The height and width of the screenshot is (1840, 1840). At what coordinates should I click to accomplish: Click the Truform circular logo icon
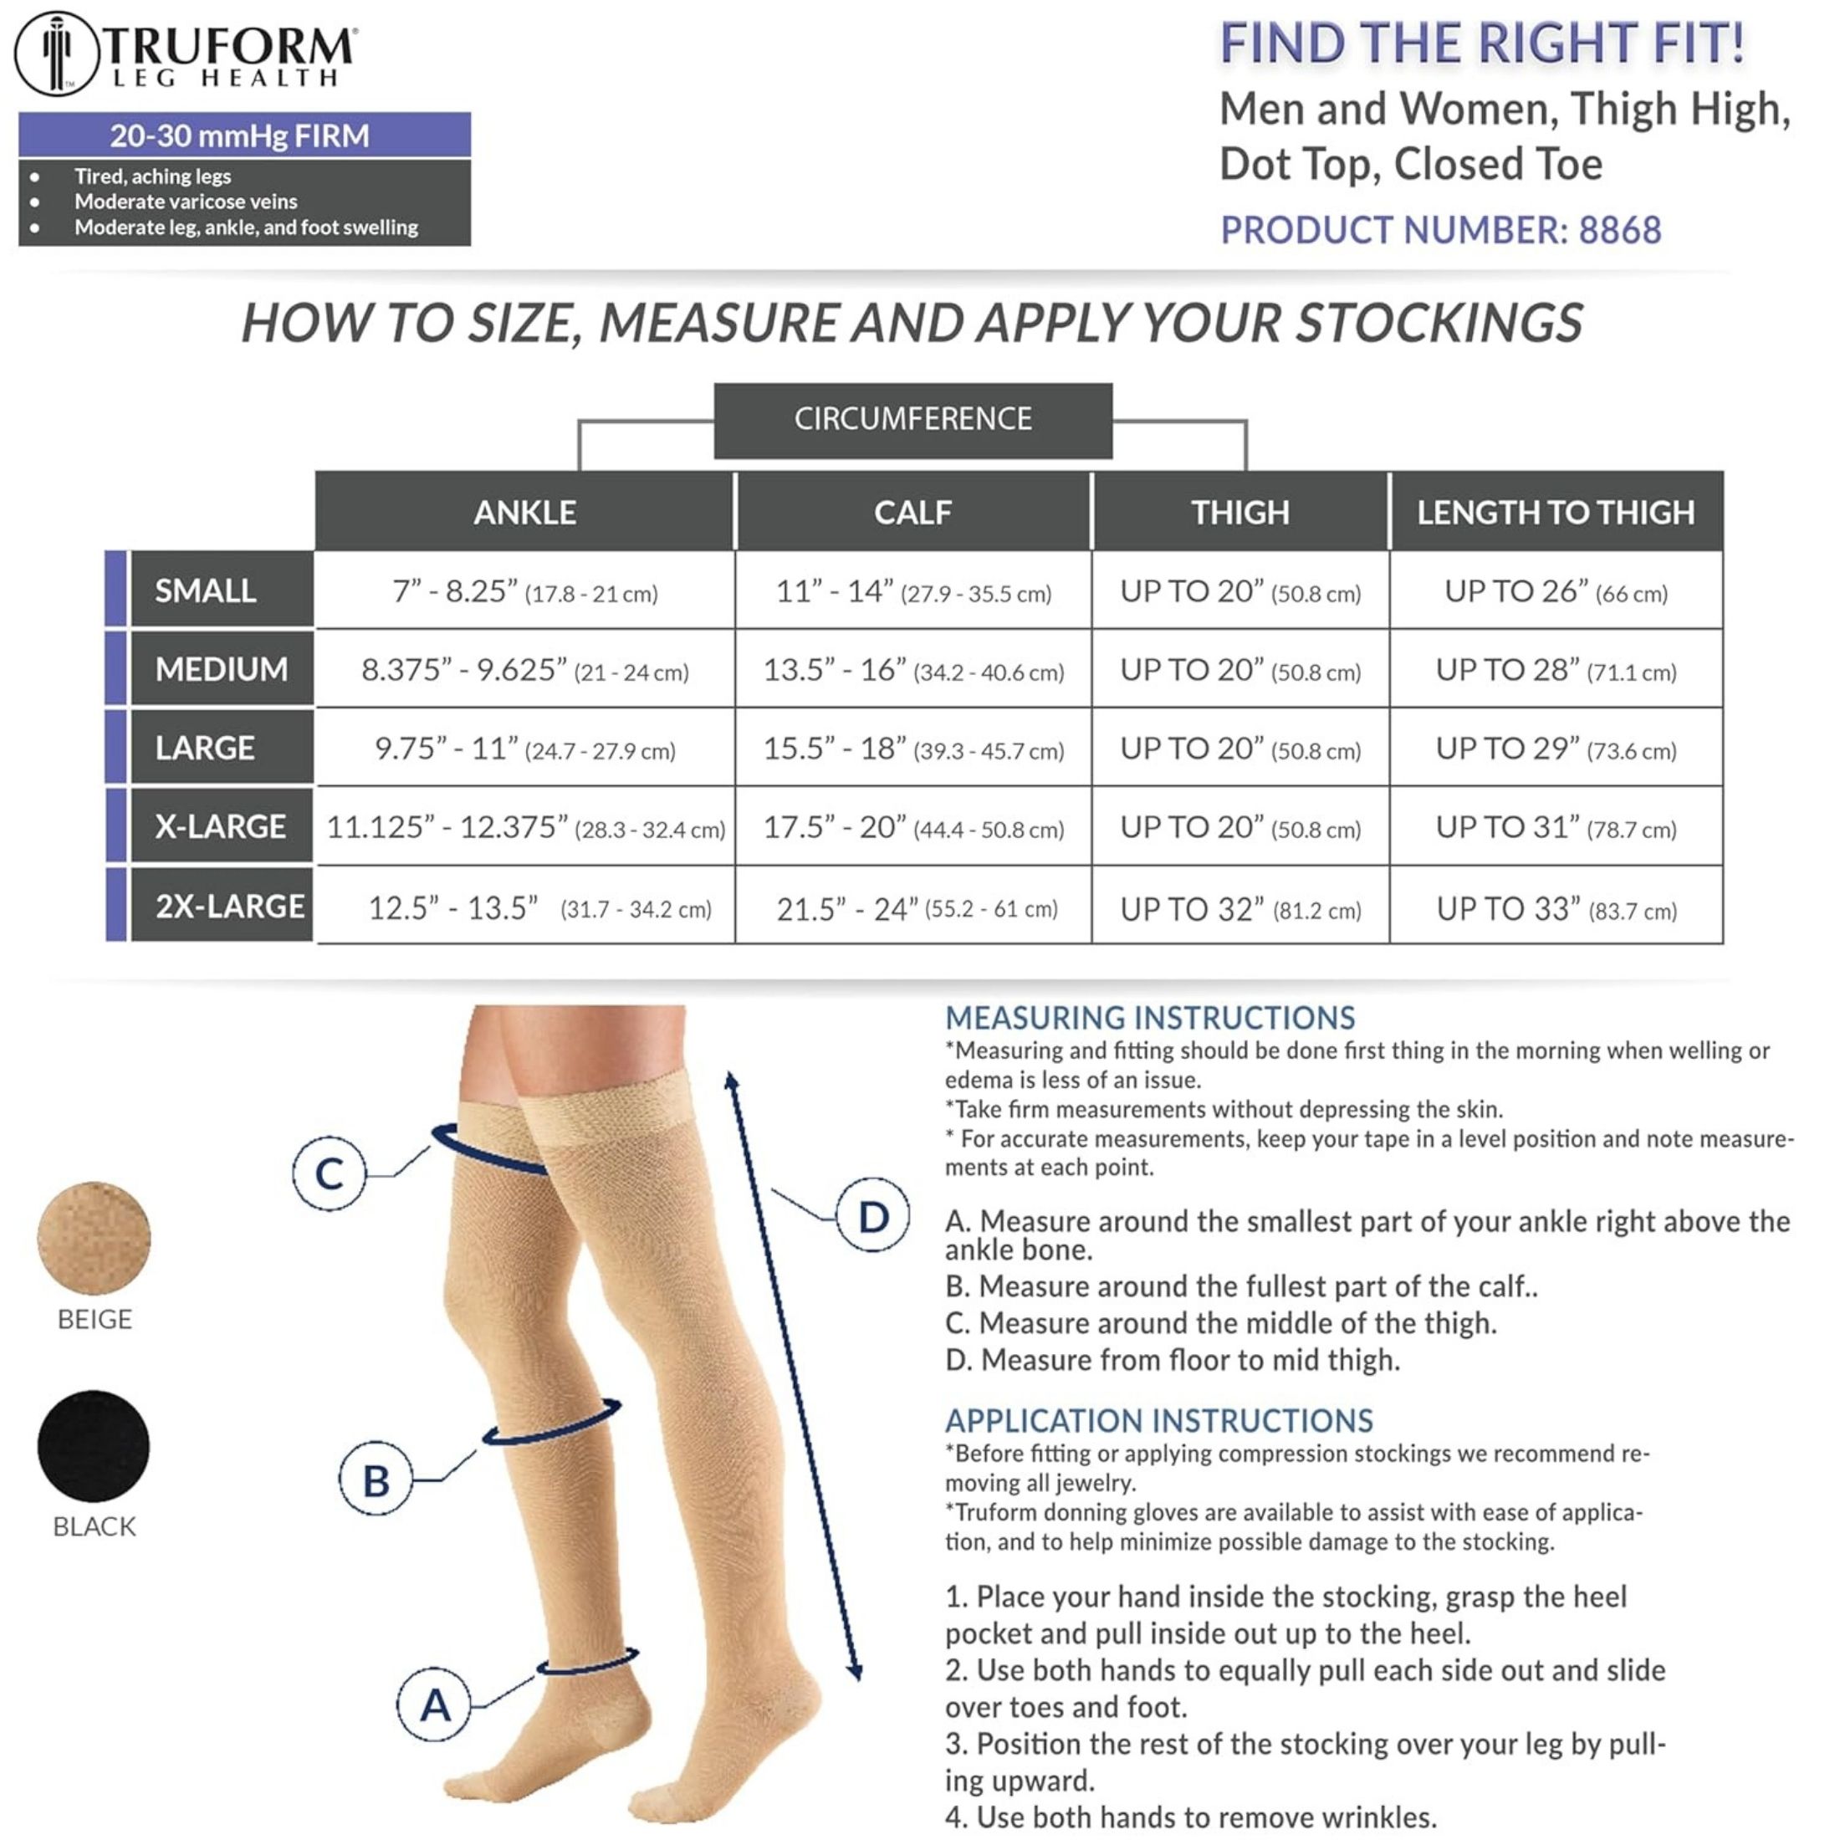click(57, 54)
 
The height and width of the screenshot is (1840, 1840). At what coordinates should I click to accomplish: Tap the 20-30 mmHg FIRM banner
click(244, 135)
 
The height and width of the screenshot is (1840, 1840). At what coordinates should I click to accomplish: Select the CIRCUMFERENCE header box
click(912, 419)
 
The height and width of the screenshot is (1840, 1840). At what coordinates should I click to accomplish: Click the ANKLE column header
click(524, 513)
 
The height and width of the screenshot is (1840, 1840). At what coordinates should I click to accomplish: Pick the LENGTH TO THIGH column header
click(1556, 513)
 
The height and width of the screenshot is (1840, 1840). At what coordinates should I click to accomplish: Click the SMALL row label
click(206, 590)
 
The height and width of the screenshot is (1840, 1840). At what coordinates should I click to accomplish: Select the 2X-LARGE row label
click(229, 905)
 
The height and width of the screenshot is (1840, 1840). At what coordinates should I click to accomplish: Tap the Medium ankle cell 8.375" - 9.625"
click(524, 670)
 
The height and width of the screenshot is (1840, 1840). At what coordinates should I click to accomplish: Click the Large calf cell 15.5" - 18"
click(912, 749)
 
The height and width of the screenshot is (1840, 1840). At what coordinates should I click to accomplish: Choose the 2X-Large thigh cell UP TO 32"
click(1240, 908)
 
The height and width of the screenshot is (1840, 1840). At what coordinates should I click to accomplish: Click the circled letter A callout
click(435, 1705)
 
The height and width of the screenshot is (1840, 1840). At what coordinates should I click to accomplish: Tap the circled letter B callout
click(376, 1480)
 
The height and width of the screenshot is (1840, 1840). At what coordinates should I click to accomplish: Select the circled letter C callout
click(330, 1173)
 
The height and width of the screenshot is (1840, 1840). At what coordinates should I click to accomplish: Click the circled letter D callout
click(873, 1216)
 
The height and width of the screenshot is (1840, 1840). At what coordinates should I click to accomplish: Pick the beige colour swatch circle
click(95, 1238)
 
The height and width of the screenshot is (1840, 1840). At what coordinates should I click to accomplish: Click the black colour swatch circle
click(95, 1446)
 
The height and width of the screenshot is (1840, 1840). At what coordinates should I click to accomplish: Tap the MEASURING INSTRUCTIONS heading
click(1149, 1018)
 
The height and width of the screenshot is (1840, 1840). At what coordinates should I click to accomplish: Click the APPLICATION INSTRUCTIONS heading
click(1158, 1421)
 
